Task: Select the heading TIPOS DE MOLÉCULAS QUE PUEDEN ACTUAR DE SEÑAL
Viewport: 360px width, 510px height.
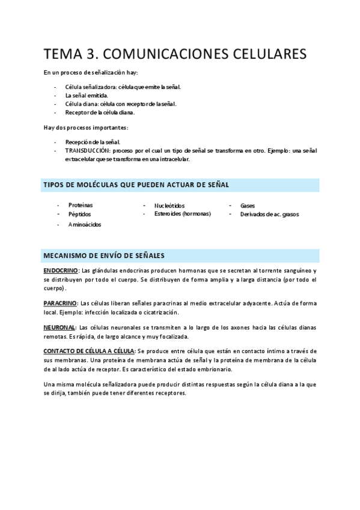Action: (135, 184)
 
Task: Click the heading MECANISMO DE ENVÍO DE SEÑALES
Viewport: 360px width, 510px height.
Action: (104, 255)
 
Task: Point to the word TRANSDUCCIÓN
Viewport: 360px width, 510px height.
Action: (88, 150)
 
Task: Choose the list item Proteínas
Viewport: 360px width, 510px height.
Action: (81, 205)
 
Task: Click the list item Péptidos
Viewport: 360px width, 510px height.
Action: (80, 214)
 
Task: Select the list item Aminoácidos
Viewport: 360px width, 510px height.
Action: (85, 224)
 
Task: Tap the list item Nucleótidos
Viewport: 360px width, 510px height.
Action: (169, 205)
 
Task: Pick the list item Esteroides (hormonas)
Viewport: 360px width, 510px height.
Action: (183, 214)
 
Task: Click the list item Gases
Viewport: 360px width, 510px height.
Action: (248, 205)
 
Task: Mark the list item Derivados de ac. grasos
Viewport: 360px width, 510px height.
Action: (269, 214)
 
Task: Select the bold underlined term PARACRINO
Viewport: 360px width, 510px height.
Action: (59, 303)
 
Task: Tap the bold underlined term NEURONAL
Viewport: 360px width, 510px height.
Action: (58, 327)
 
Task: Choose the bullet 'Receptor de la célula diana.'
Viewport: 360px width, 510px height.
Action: (100, 112)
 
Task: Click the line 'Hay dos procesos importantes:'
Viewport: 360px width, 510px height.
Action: (86, 127)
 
